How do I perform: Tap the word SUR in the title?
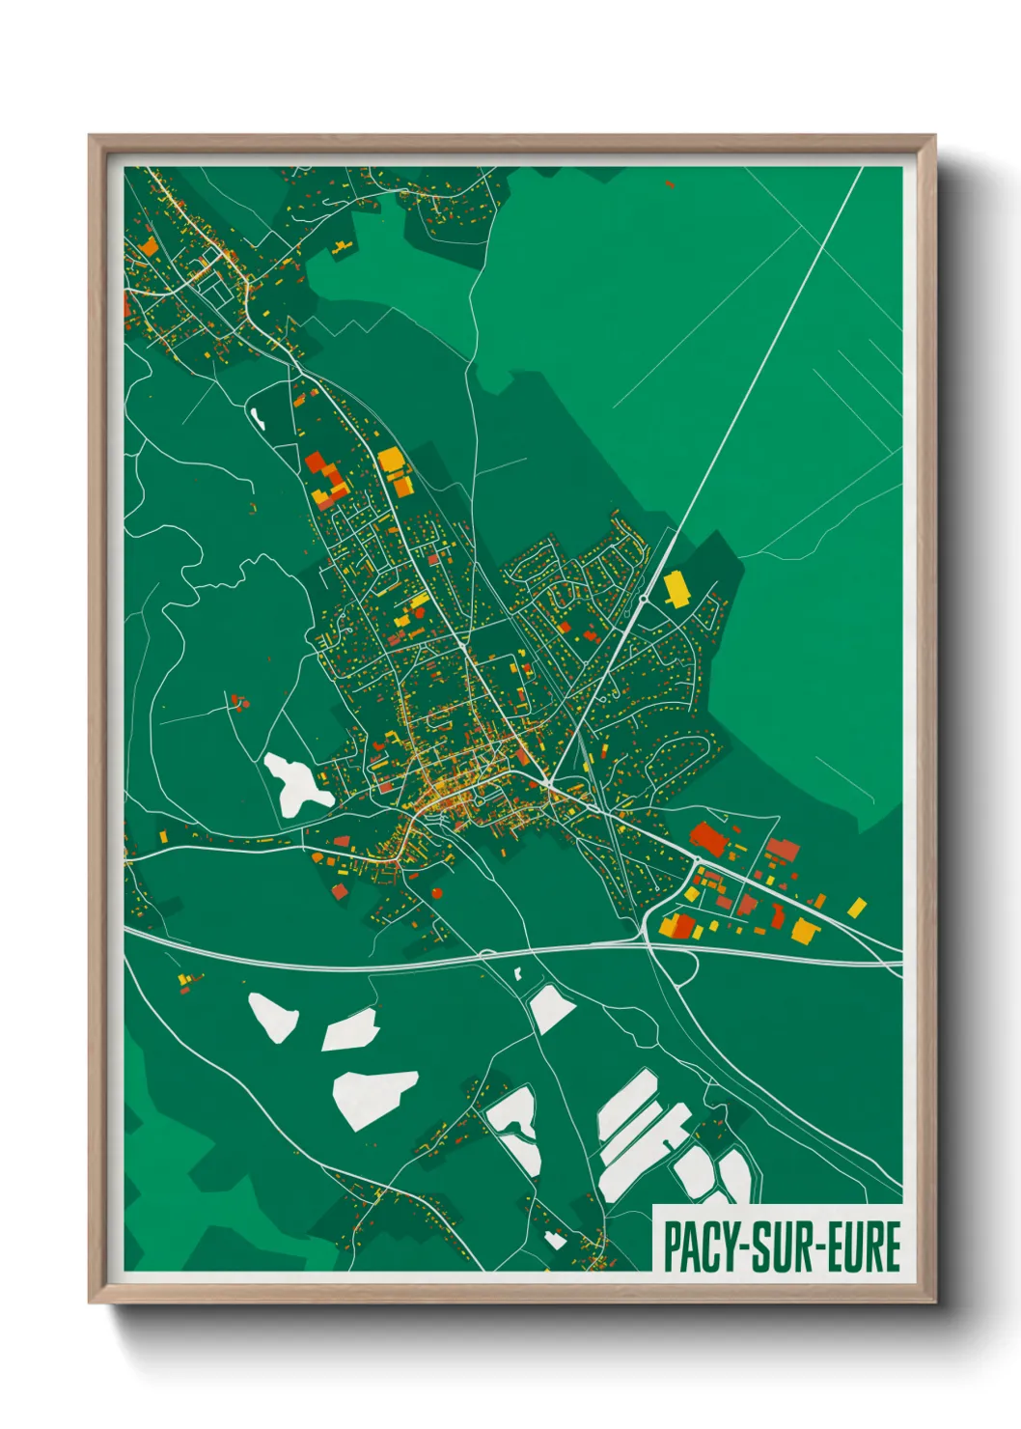(x=778, y=1247)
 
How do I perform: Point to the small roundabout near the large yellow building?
(x=643, y=599)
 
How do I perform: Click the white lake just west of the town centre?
(x=296, y=782)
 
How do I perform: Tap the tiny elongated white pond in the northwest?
(x=259, y=418)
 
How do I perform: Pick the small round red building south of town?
(x=437, y=893)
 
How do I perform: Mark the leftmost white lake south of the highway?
(x=272, y=1017)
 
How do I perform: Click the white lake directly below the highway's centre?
(x=550, y=1008)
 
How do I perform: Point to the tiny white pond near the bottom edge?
(x=555, y=1240)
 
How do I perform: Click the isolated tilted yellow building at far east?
(x=856, y=907)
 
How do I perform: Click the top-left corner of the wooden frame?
(x=91, y=137)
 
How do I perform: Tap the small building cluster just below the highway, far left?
(x=186, y=983)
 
